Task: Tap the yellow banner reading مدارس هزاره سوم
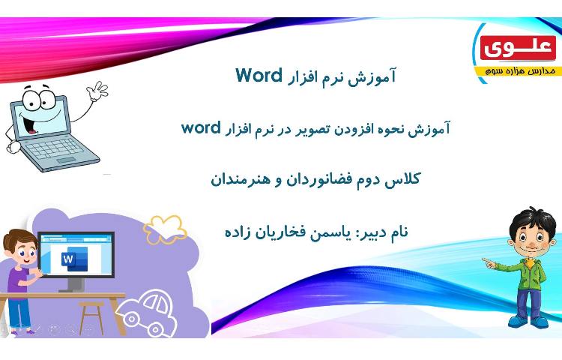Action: [x=517, y=70]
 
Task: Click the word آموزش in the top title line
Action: [x=375, y=76]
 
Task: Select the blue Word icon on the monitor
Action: [x=70, y=259]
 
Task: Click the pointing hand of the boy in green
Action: [x=488, y=262]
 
